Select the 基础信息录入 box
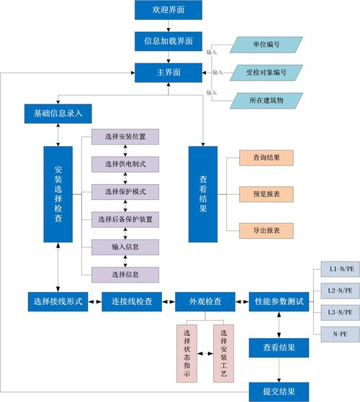[58, 113]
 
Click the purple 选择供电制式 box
[125, 164]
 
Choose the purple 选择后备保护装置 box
[125, 219]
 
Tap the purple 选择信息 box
[125, 273]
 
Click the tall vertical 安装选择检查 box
[58, 194]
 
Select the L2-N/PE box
[338, 291]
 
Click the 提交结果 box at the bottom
[279, 391]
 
